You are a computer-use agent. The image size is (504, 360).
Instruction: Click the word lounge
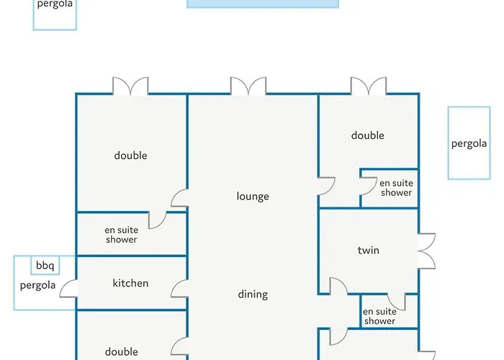point(253,196)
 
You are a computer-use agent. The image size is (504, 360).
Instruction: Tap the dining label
point(253,294)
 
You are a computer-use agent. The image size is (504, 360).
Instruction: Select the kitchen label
point(130,283)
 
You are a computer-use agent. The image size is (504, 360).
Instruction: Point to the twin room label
point(369,250)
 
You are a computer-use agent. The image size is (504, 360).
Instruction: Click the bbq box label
point(45,266)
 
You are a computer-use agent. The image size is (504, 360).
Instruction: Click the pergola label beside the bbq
point(37,285)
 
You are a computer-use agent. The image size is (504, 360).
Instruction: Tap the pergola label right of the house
point(469,143)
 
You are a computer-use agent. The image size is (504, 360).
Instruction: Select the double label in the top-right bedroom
point(368,135)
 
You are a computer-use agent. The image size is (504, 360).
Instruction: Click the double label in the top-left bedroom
point(130,156)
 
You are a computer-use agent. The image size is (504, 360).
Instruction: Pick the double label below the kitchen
point(122,351)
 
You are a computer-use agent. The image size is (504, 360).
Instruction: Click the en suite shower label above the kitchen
point(122,235)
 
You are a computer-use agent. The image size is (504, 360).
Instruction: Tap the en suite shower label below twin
point(379,316)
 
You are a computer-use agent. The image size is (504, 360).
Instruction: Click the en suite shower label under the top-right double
point(396,188)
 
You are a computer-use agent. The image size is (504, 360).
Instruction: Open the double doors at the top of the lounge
point(248,86)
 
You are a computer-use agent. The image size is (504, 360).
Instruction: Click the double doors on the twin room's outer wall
point(426,251)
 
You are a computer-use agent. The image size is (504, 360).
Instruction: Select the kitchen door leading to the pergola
point(68,288)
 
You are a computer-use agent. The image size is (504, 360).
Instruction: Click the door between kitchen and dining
point(179,288)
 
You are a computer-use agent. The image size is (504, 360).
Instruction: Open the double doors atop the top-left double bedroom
point(130,86)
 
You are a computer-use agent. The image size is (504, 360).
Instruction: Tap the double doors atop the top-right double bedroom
point(369,86)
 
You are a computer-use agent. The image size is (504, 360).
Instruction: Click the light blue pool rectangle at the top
point(263,4)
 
